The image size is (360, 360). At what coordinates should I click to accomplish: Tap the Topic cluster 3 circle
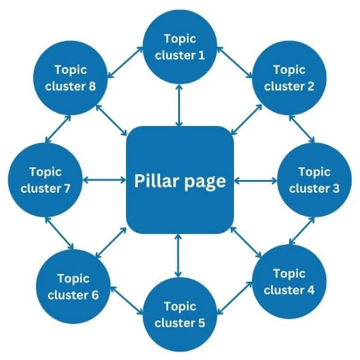click(314, 180)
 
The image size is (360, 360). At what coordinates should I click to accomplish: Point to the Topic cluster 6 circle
click(74, 286)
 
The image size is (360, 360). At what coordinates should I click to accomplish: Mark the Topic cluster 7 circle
click(45, 180)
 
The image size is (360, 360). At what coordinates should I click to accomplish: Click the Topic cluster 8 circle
click(70, 77)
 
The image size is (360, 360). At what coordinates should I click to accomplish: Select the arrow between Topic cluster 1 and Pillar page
click(179, 104)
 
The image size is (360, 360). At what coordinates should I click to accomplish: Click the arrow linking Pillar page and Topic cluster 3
click(254, 179)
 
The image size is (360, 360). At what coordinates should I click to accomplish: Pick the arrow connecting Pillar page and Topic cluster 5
click(178, 256)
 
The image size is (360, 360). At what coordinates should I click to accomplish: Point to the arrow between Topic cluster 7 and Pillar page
click(104, 179)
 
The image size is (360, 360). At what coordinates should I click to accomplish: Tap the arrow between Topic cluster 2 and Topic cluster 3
click(302, 128)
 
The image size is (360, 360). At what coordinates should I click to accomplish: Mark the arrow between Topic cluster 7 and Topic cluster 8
click(58, 128)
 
